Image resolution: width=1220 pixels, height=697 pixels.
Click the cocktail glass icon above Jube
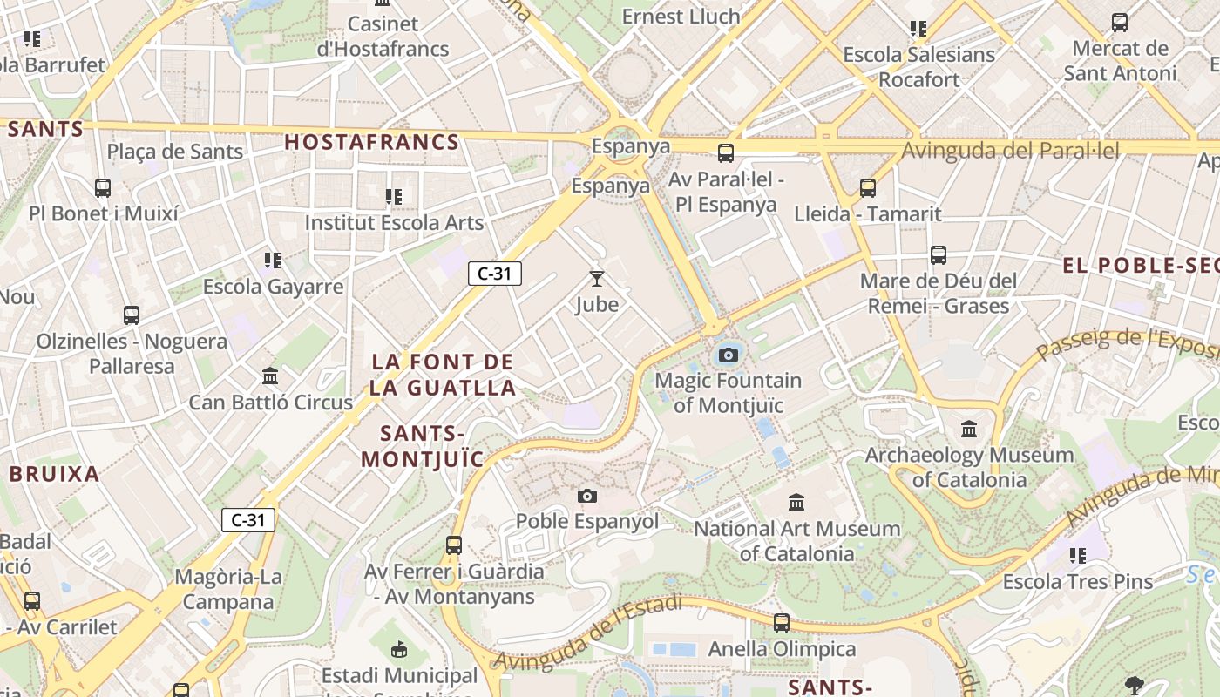pyautogui.click(x=597, y=279)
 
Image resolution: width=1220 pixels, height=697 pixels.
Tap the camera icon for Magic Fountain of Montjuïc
pyautogui.click(x=729, y=355)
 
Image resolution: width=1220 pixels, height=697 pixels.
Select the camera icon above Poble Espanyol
pyautogui.click(x=587, y=496)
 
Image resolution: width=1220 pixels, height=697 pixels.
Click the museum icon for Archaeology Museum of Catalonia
pyautogui.click(x=969, y=430)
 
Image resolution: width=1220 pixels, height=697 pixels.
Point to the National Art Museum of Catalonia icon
pyautogui.click(x=796, y=503)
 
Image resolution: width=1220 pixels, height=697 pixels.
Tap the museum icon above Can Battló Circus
pyautogui.click(x=270, y=376)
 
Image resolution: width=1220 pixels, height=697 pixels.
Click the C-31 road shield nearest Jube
pyautogui.click(x=495, y=274)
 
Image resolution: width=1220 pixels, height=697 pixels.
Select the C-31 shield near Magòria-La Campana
pyautogui.click(x=248, y=521)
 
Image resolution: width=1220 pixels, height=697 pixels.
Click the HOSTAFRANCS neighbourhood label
pyautogui.click(x=372, y=142)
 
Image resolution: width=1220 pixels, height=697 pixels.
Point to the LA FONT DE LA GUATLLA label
pyautogui.click(x=443, y=375)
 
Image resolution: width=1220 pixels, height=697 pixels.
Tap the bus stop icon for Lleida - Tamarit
pyautogui.click(x=867, y=187)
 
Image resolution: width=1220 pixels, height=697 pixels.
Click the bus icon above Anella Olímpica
pyautogui.click(x=782, y=623)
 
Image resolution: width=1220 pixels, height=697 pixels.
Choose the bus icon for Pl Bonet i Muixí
pyautogui.click(x=103, y=187)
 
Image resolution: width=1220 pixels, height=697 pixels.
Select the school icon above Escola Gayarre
pyautogui.click(x=273, y=261)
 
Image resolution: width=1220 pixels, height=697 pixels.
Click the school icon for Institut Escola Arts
pyautogui.click(x=394, y=197)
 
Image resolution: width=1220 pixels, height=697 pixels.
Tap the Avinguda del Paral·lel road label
pyautogui.click(x=1010, y=151)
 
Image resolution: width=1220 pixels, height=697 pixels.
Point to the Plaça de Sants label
pyautogui.click(x=175, y=152)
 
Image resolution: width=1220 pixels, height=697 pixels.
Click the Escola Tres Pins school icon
pyautogui.click(x=1078, y=555)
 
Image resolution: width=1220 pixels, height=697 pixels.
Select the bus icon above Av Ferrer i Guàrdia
pyautogui.click(x=454, y=545)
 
